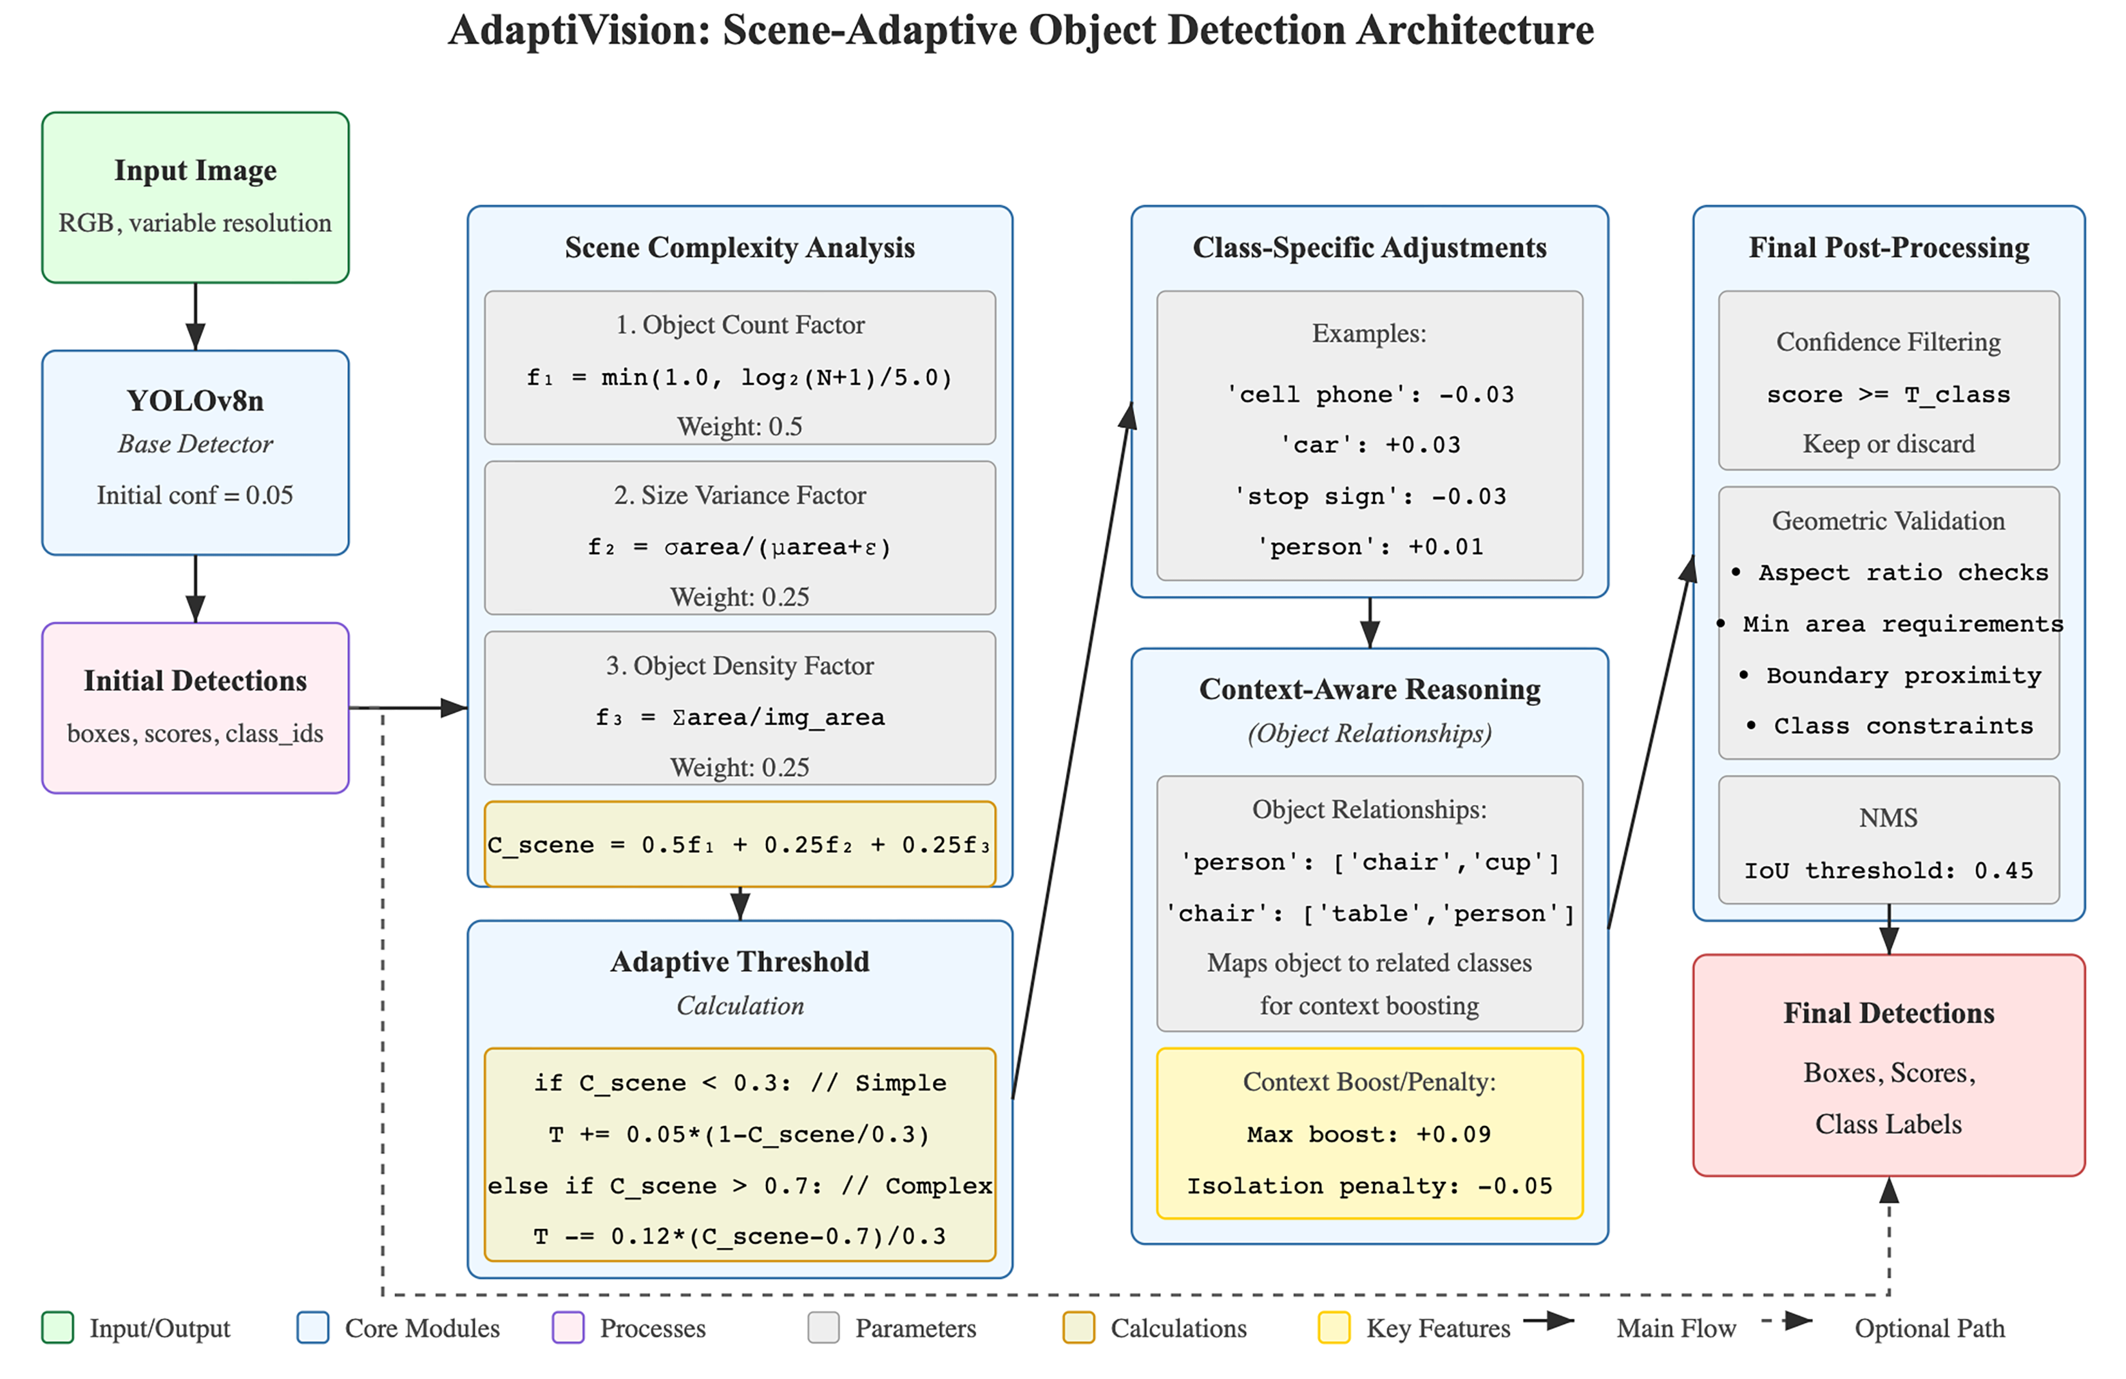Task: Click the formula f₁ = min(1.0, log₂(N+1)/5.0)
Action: click(740, 378)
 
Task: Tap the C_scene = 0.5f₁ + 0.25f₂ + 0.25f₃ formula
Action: click(740, 845)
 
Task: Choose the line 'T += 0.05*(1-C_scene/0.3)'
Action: click(740, 1134)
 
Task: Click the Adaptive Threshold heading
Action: click(740, 962)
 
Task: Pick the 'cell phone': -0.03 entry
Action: click(1370, 395)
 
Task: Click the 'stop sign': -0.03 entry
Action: click(1370, 497)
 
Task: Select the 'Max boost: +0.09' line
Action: click(1370, 1134)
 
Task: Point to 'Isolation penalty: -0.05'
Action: click(1370, 1186)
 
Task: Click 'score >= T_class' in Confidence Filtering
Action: click(1888, 395)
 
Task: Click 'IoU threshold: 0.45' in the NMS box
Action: click(1888, 870)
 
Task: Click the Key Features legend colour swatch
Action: click(1334, 1328)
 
